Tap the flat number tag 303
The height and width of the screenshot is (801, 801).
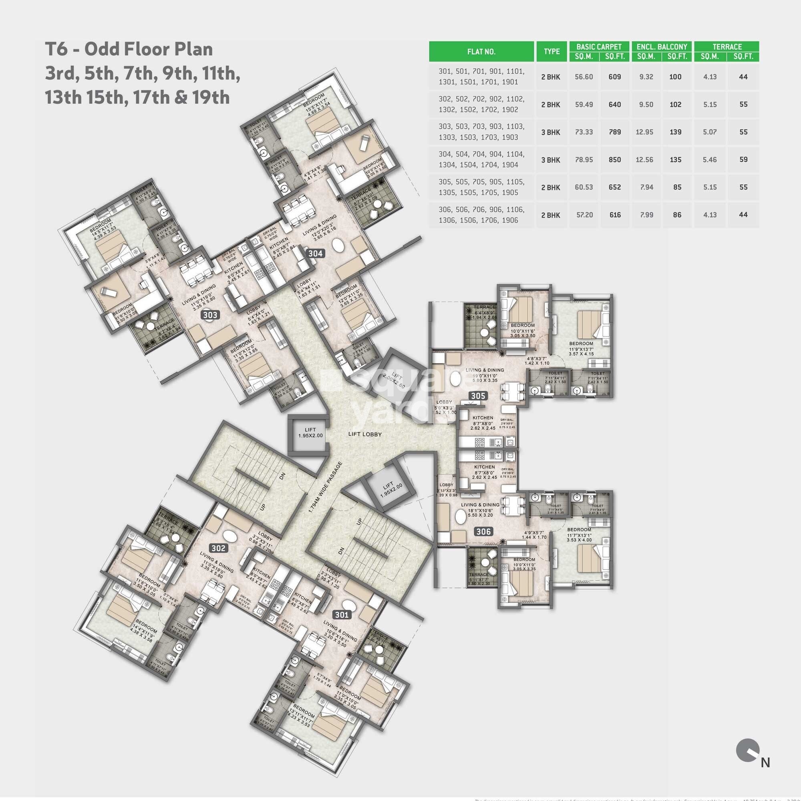click(x=210, y=315)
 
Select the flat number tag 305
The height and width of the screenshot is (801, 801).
click(x=478, y=396)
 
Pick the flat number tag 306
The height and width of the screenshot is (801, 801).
click(x=483, y=531)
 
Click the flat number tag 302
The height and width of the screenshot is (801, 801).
click(x=219, y=549)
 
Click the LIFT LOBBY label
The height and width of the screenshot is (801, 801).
click(x=365, y=435)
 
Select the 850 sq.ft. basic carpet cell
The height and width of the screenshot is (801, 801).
click(x=614, y=160)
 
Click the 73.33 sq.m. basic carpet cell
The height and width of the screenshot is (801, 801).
click(x=584, y=132)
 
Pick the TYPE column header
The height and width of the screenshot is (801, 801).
click(x=551, y=51)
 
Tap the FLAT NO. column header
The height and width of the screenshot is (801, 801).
click(x=481, y=52)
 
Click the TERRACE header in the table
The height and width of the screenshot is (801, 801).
click(x=727, y=46)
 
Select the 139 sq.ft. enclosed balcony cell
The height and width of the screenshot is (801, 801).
click(x=675, y=132)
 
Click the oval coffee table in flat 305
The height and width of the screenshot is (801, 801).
click(x=456, y=380)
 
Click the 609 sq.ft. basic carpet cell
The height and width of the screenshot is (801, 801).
click(x=614, y=77)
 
